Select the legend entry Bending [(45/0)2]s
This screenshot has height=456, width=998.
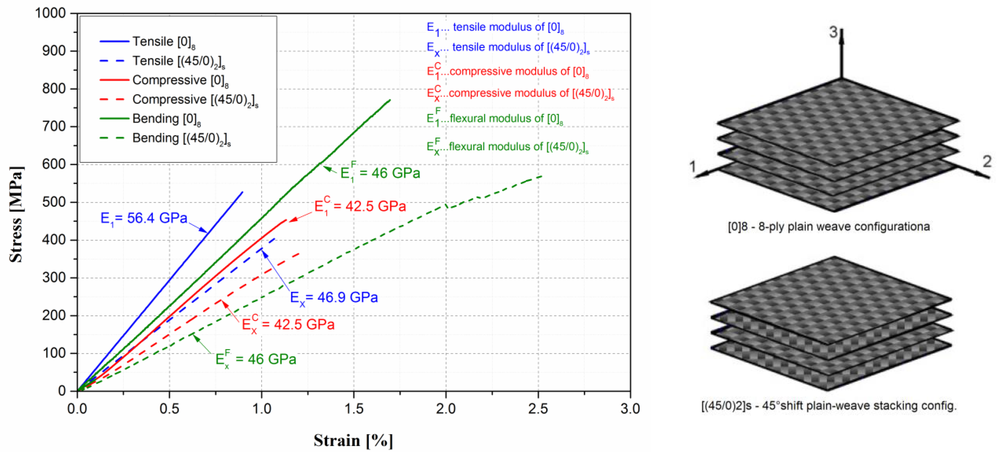(x=181, y=138)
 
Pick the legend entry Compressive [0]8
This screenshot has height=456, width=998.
(x=180, y=80)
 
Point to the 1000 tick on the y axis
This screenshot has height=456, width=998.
(x=50, y=13)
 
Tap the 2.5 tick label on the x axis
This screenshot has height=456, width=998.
(x=538, y=409)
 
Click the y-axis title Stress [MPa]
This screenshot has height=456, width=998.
(x=16, y=214)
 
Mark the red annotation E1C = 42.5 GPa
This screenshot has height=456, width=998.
(x=360, y=206)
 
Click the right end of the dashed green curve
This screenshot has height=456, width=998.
(x=542, y=176)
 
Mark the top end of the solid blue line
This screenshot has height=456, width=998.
(x=243, y=192)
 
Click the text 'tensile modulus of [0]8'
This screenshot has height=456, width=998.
(x=508, y=27)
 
